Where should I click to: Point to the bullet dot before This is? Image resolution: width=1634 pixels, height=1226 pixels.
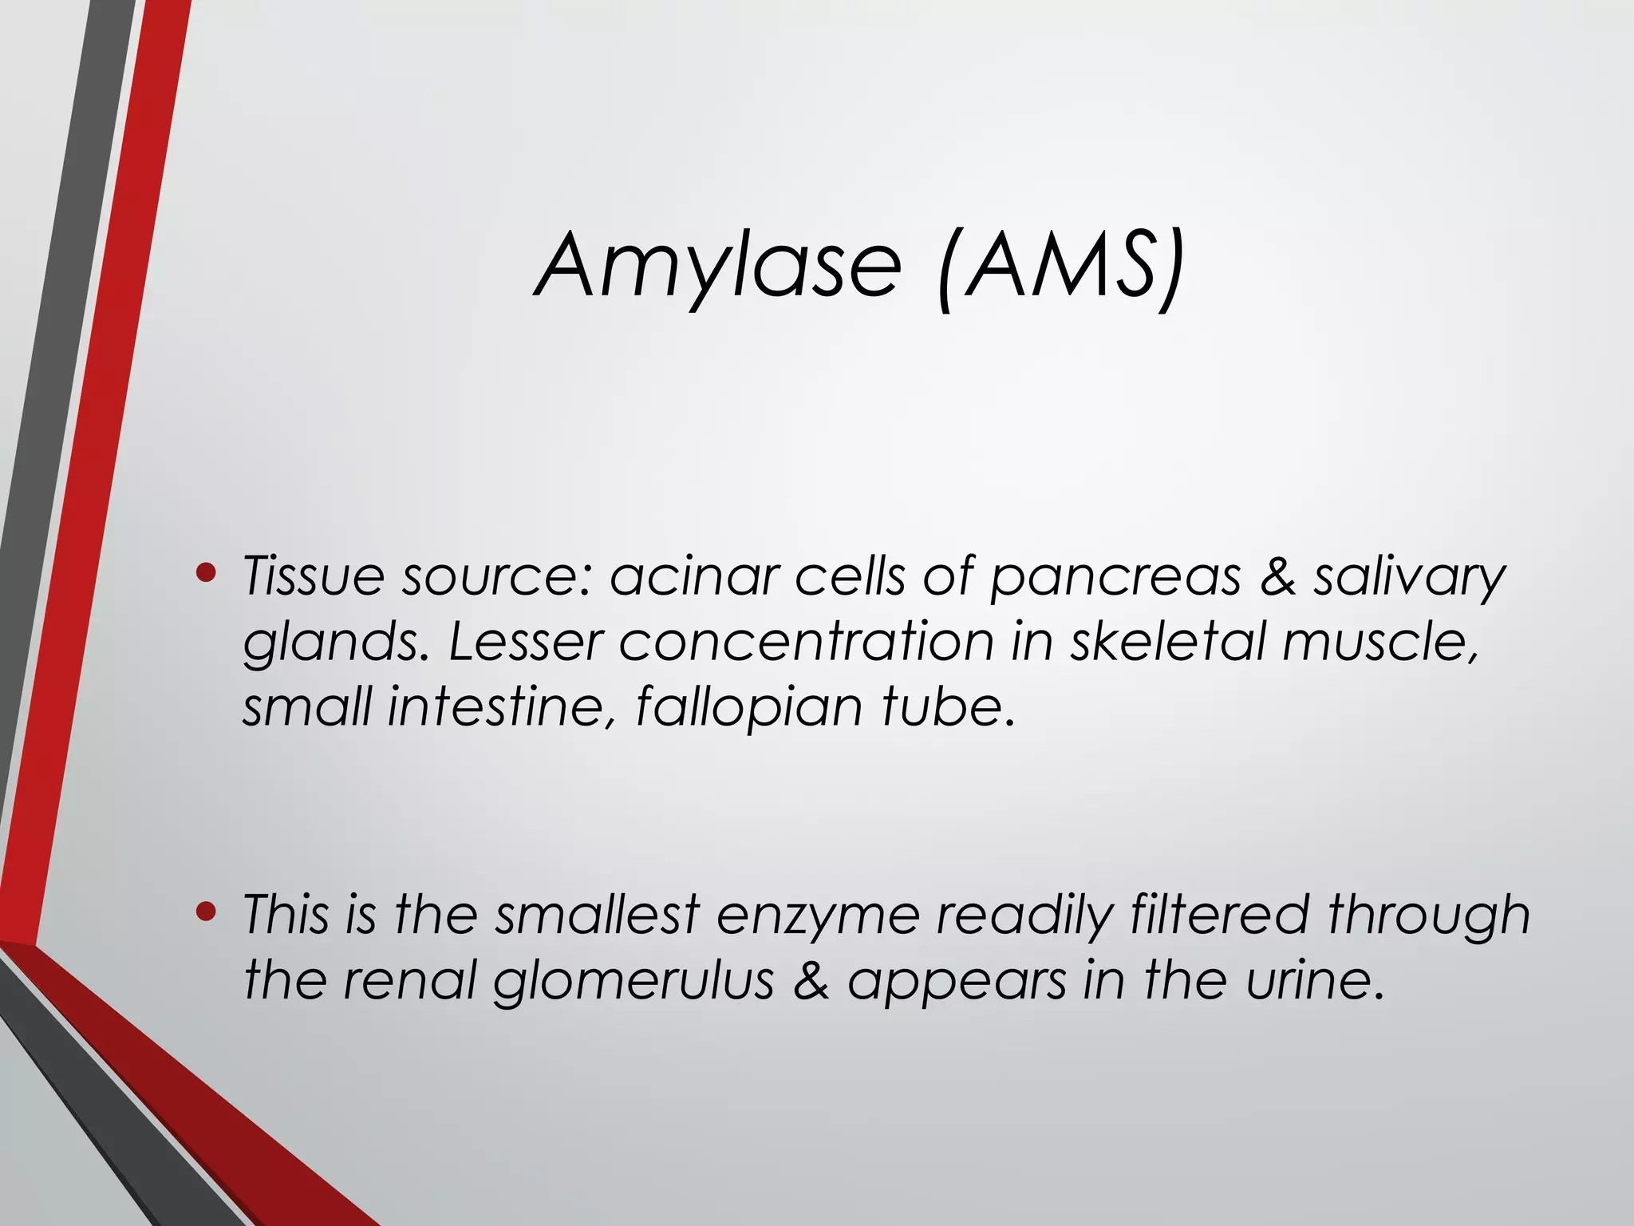[x=206, y=911]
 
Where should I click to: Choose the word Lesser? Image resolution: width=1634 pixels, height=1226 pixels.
[x=524, y=643]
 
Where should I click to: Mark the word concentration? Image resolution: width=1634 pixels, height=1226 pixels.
[x=807, y=643]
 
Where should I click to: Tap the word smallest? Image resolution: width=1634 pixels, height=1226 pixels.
[x=598, y=915]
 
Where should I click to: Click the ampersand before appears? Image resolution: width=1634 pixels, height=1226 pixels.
[x=811, y=981]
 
